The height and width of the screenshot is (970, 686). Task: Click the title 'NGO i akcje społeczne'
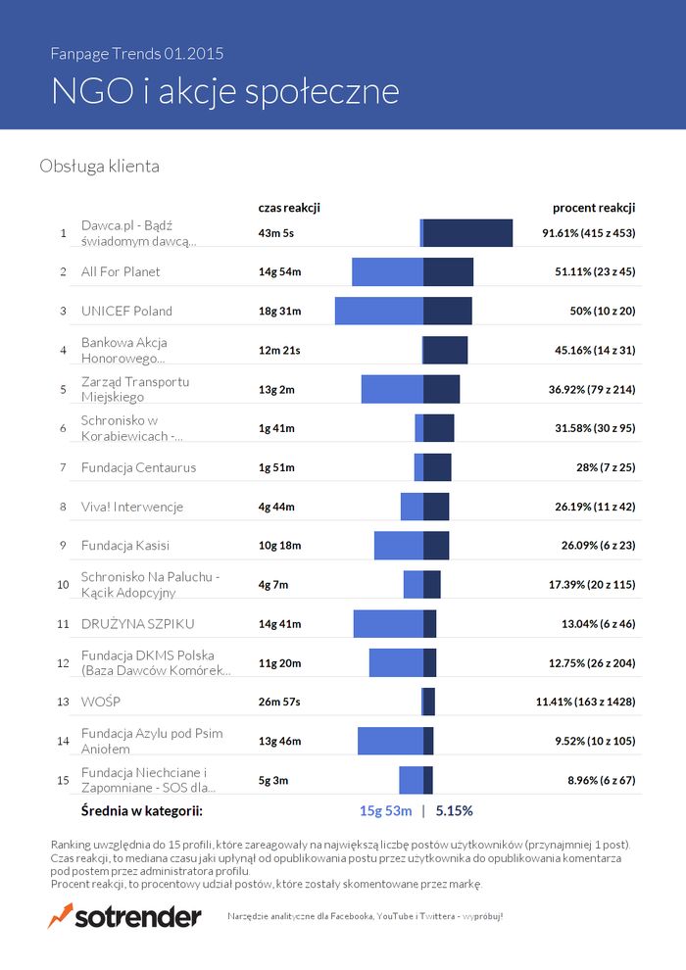[x=224, y=91]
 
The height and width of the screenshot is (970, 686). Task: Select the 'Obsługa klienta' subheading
[x=99, y=167]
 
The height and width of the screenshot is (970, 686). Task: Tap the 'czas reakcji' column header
[x=289, y=208]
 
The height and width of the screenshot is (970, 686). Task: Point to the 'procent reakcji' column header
[x=594, y=208]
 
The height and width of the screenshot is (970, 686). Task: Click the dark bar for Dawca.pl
[x=467, y=233]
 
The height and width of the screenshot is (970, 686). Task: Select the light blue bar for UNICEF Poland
[x=379, y=311]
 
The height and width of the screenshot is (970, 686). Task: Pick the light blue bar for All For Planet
[x=387, y=271]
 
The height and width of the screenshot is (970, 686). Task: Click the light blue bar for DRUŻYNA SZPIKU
[x=388, y=624]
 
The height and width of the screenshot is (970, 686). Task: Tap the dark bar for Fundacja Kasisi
[x=436, y=546]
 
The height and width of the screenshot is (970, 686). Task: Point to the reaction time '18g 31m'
[x=279, y=311]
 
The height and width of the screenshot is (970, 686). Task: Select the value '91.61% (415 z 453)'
[x=589, y=233]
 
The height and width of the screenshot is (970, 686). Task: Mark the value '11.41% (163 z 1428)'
[x=585, y=703]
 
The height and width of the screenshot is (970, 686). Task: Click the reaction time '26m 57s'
[x=279, y=703]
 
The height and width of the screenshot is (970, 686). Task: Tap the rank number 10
[x=63, y=585]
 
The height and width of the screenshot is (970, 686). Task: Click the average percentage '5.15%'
[x=454, y=811]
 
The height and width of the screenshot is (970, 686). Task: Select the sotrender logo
[x=124, y=917]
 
